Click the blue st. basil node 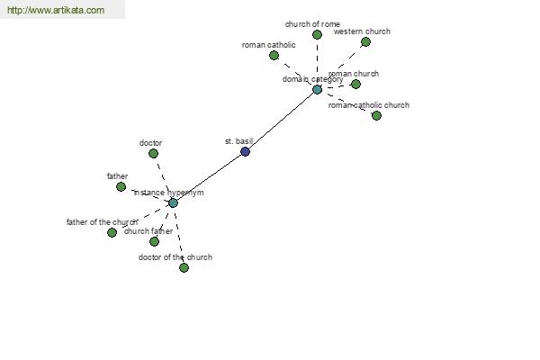coord(245,151)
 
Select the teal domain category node coord(317,90)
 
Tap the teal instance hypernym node coord(173,202)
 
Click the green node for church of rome coord(317,34)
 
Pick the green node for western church coord(365,42)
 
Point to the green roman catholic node coord(274,55)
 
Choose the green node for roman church coord(355,84)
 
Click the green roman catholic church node coord(376,115)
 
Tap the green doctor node coord(153,153)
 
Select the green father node coord(121,186)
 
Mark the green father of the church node coord(112,232)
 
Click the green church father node coord(154,241)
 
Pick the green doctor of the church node coord(184,267)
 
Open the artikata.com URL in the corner coord(56,10)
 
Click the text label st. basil coord(238,141)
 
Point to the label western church coord(362,31)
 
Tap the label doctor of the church coord(175,257)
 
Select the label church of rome coord(312,24)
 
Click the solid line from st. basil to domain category coord(282,121)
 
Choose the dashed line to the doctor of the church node coord(178,235)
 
